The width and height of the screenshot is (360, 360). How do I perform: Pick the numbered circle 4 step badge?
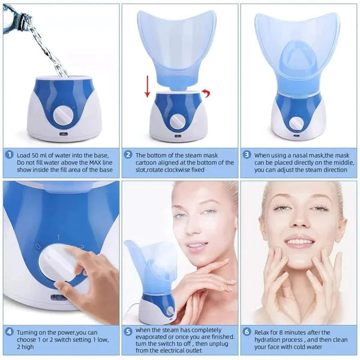(9, 331)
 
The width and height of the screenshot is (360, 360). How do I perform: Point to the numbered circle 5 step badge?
(128, 331)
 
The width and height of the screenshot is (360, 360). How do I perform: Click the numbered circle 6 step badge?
(247, 331)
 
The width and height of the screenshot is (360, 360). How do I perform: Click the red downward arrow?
(147, 85)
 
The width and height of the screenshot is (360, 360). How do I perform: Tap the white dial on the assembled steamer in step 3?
(296, 121)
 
